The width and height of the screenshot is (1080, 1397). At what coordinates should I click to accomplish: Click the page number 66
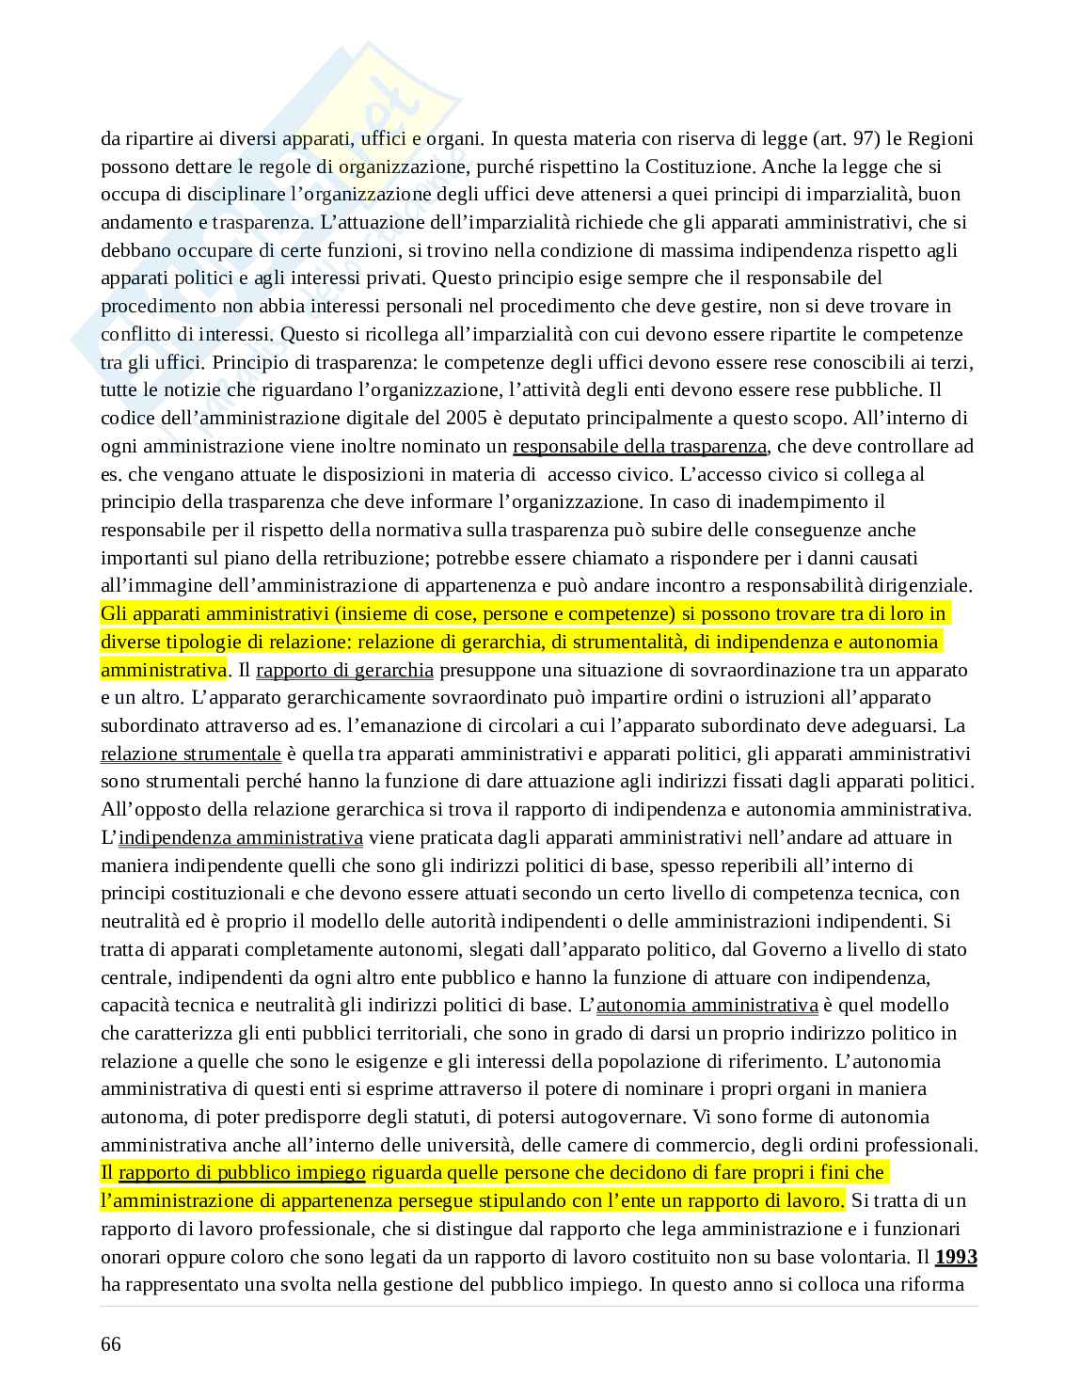pyautogui.click(x=111, y=1343)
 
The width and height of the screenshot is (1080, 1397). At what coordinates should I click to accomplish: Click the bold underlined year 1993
pyautogui.click(x=956, y=1257)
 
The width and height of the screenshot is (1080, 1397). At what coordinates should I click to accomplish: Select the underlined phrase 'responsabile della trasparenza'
pyautogui.click(x=640, y=446)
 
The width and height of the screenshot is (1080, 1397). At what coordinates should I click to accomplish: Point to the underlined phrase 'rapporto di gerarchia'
pyautogui.click(x=344, y=670)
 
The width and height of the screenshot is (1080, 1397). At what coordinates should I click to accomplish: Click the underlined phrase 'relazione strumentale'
pyautogui.click(x=191, y=754)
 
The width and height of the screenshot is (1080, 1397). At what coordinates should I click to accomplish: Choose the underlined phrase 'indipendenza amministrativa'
pyautogui.click(x=241, y=837)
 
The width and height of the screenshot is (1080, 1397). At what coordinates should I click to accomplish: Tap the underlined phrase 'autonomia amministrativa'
pyautogui.click(x=707, y=1005)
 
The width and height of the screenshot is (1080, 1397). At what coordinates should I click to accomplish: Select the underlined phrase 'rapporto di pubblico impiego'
pyautogui.click(x=242, y=1172)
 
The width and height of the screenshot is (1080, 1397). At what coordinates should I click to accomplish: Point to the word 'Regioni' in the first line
pyautogui.click(x=942, y=139)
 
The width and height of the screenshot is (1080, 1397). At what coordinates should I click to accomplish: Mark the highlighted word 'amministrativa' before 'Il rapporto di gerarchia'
pyautogui.click(x=164, y=670)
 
